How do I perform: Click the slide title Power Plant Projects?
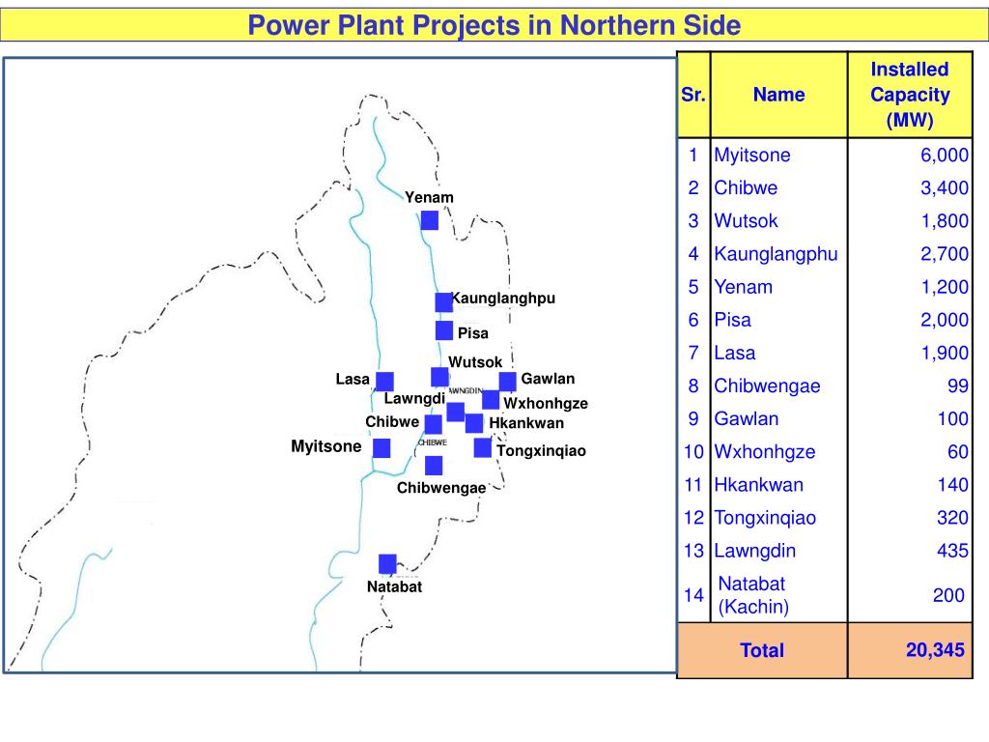coord(494,25)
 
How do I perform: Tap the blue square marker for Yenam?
coord(430,220)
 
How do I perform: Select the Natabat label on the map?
coord(394,586)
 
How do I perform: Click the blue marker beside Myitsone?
coord(381,448)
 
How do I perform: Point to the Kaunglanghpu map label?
coord(504,298)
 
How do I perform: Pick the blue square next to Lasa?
coord(384,382)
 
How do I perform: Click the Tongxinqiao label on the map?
coord(541,450)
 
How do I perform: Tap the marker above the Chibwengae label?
coord(434,466)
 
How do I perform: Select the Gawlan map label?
coord(548,378)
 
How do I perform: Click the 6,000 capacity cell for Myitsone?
coord(943,156)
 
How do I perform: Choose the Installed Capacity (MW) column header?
coord(909,95)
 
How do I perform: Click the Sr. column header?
coord(693,95)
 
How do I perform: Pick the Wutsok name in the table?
coord(746,221)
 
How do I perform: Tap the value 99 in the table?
coord(957,386)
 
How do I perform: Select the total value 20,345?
coord(934,650)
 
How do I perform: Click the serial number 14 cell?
coord(693,595)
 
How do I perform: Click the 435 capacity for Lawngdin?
coord(952,551)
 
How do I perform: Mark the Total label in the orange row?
coord(762,650)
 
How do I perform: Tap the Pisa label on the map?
coord(472,333)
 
